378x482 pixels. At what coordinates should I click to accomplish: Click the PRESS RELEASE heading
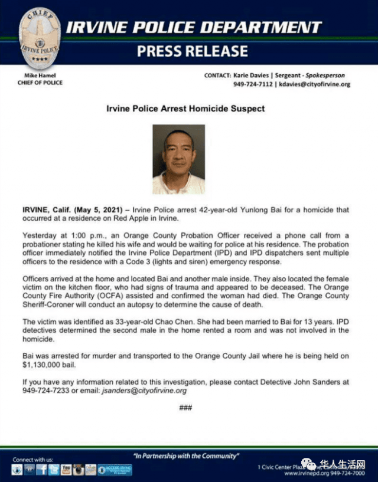[193, 51]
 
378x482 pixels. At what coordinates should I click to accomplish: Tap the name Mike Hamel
[40, 76]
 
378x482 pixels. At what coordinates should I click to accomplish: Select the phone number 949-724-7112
[253, 84]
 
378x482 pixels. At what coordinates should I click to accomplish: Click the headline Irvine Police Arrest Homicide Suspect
[185, 109]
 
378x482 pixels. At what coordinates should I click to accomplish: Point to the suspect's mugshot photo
[178, 159]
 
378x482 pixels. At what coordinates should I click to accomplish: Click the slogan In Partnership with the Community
[186, 455]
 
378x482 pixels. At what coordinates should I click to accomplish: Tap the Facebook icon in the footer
[42, 470]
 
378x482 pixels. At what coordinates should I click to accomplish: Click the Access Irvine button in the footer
[115, 470]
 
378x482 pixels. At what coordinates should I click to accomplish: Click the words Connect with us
[33, 459]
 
